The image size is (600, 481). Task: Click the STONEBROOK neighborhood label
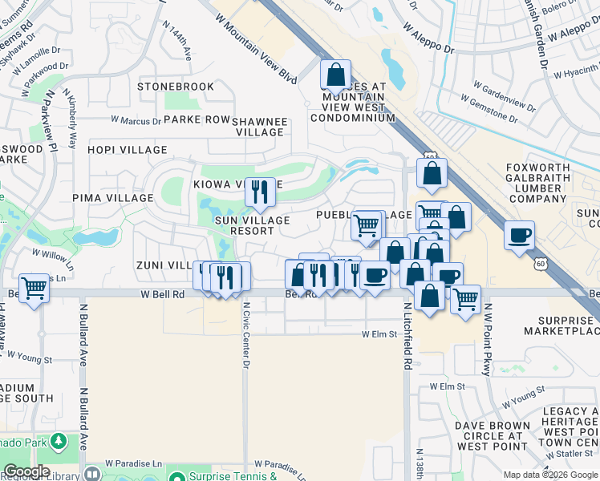(176, 87)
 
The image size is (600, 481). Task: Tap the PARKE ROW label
(197, 119)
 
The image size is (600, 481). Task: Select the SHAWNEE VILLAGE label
(259, 127)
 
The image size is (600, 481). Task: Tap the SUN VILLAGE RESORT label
(247, 224)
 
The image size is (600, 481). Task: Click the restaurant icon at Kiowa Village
(260, 192)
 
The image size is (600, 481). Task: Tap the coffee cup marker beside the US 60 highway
(520, 236)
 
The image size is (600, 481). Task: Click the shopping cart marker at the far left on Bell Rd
(34, 288)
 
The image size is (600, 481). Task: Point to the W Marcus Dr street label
(134, 121)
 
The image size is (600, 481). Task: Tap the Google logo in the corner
(26, 472)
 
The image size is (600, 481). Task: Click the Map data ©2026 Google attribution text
(549, 475)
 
